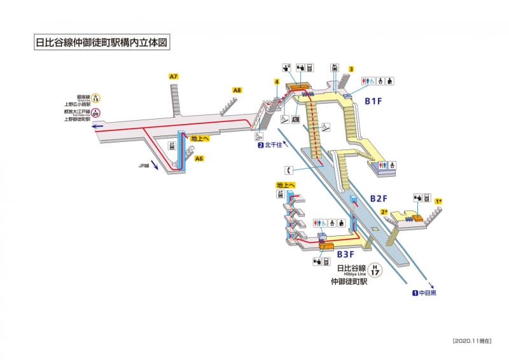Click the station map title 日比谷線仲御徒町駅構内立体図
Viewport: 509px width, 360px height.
pyautogui.click(x=102, y=43)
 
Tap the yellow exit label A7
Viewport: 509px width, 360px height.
pyautogui.click(x=174, y=77)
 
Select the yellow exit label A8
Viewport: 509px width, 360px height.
pyautogui.click(x=237, y=90)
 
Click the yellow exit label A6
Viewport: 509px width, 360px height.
pyautogui.click(x=199, y=158)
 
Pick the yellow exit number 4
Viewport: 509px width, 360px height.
pyautogui.click(x=277, y=81)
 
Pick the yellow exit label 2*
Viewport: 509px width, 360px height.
pyautogui.click(x=384, y=212)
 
